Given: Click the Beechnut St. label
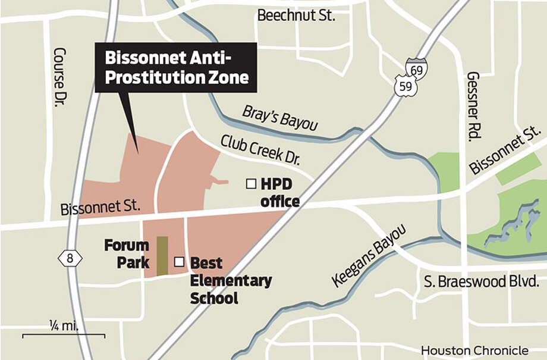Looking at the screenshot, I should tap(296, 15).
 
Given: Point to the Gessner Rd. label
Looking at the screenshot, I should tap(474, 107).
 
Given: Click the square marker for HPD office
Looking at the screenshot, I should tap(251, 184).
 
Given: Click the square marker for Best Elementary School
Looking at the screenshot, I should tap(178, 261).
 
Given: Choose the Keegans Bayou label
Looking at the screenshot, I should tap(369, 256).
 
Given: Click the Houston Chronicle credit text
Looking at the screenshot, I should tap(474, 350).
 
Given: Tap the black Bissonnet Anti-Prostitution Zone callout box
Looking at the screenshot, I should tap(176, 67).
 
